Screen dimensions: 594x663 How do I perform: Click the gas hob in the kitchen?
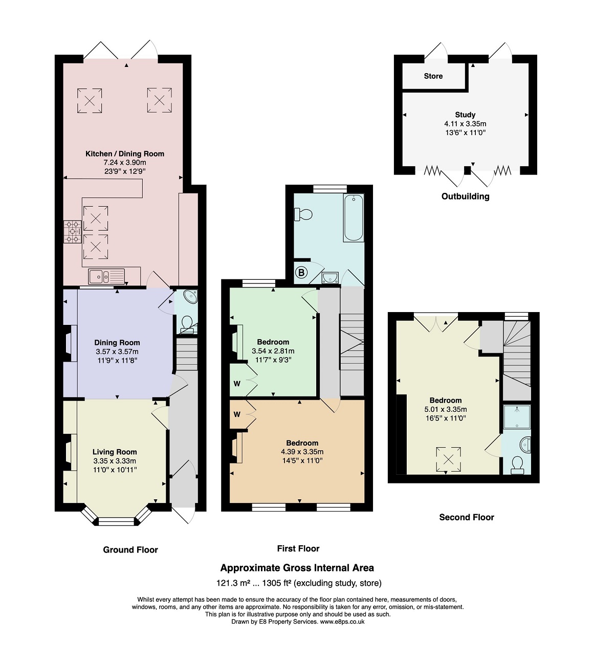(72, 232)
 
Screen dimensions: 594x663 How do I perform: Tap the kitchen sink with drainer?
(106, 277)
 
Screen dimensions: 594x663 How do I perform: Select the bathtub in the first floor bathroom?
(354, 217)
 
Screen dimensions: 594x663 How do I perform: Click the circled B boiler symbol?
(301, 272)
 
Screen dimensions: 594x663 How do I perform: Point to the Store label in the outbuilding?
(433, 76)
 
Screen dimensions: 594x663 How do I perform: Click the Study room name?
(465, 115)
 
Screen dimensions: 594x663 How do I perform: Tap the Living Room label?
(115, 452)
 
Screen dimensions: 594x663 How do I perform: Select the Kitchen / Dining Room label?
(125, 153)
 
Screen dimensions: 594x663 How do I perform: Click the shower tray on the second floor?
(517, 417)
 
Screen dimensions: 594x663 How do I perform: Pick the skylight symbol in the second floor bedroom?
(448, 460)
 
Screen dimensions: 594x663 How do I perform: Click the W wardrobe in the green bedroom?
(237, 384)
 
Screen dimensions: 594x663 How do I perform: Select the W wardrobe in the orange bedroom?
(237, 414)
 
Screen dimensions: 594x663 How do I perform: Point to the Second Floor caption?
(467, 517)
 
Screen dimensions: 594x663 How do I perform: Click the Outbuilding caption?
(466, 196)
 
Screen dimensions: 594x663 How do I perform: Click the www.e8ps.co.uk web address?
(342, 622)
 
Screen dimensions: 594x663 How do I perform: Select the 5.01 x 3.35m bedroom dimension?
(446, 409)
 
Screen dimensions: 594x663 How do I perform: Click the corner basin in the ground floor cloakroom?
(190, 297)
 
